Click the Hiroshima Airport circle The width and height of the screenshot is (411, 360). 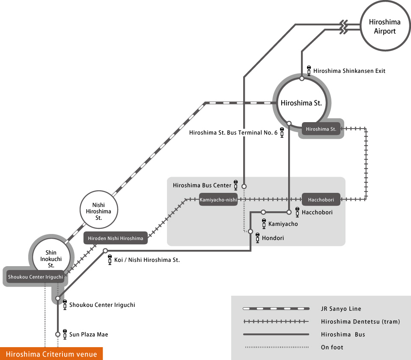384,27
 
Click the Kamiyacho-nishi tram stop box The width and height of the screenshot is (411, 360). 218,199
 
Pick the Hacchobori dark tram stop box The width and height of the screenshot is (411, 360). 321,199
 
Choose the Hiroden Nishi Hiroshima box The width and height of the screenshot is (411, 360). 116,238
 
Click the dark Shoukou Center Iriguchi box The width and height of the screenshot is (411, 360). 35,277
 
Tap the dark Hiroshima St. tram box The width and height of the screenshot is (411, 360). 321,129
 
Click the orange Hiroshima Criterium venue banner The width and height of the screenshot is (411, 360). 51,354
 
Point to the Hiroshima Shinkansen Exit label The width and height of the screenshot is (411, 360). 349,71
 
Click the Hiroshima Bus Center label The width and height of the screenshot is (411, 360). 202,186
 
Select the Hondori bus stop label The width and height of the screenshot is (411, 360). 273,238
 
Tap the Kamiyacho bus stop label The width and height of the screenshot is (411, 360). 283,224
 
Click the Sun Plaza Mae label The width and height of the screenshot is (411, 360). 89,334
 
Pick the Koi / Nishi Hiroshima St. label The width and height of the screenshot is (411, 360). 147,260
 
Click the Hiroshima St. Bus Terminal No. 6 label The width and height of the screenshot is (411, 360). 233,133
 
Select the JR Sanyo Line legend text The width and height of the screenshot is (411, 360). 341,309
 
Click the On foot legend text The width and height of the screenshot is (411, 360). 332,347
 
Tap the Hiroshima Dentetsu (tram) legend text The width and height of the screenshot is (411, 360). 360,321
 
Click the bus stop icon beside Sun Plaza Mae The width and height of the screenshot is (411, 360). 65,333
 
